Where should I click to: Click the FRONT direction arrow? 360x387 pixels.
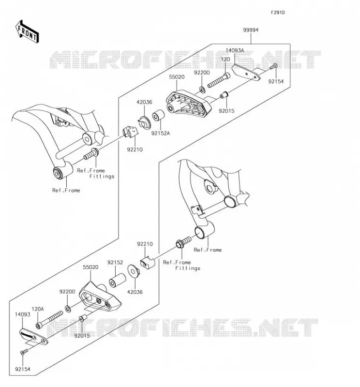(27, 31)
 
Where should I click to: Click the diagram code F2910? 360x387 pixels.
(278, 13)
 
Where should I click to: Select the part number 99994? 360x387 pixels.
(251, 30)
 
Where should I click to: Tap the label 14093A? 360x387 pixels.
(235, 50)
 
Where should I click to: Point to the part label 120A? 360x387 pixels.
(38, 309)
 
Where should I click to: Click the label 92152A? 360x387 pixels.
(161, 134)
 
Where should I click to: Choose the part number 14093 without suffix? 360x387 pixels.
(22, 314)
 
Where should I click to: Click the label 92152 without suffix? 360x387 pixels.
(115, 262)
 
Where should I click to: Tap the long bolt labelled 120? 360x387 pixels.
(219, 80)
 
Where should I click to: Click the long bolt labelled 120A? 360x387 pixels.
(49, 320)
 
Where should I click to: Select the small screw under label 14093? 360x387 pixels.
(24, 352)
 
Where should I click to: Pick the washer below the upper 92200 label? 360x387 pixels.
(202, 89)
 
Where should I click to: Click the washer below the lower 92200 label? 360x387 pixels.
(68, 309)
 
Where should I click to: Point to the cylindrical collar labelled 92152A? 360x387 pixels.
(158, 115)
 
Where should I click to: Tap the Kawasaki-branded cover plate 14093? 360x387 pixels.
(34, 336)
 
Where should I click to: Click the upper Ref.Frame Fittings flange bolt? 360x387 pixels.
(91, 154)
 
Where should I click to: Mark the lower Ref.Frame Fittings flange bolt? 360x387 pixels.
(184, 242)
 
